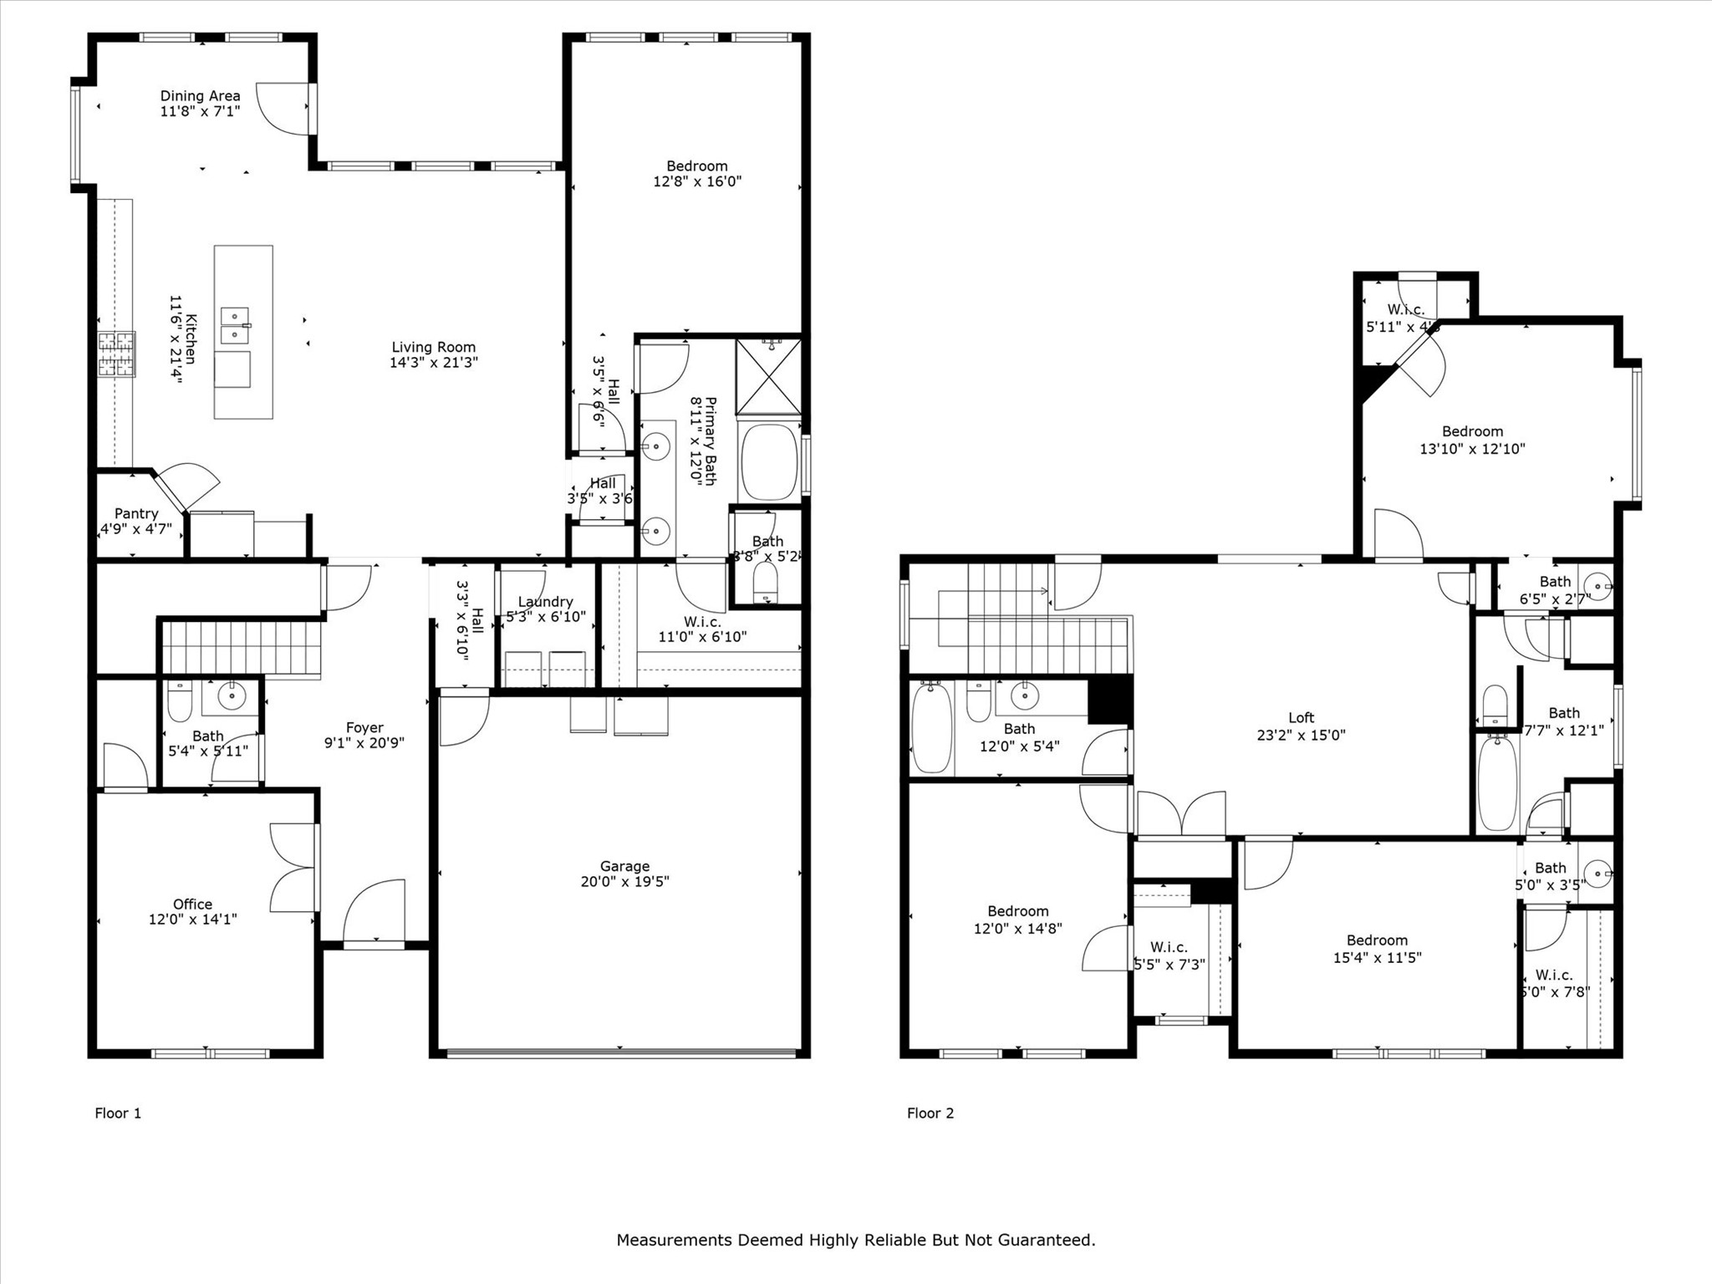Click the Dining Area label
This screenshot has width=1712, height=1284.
click(x=200, y=96)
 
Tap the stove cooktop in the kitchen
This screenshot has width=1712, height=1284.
click(x=116, y=354)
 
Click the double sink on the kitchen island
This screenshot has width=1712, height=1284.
click(x=235, y=325)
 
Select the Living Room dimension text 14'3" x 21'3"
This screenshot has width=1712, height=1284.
click(x=433, y=363)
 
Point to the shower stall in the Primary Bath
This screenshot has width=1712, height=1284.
click(x=768, y=376)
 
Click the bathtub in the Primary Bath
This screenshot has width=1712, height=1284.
click(x=769, y=462)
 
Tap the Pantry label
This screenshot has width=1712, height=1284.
click(x=136, y=513)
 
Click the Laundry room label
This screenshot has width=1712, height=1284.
click(x=545, y=602)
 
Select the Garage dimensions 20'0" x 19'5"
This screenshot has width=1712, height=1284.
click(x=624, y=881)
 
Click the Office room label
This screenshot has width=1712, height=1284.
click(x=192, y=904)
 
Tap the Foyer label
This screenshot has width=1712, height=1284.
click(x=364, y=728)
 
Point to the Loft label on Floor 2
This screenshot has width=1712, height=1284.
click(x=1301, y=717)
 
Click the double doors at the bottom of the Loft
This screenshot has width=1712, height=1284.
click(x=1181, y=814)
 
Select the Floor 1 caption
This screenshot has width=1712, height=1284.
click(x=118, y=1113)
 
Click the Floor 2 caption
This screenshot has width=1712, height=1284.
click(x=930, y=1113)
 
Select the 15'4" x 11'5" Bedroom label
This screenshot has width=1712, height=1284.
click(x=1377, y=940)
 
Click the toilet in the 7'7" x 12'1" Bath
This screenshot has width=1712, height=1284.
click(x=1495, y=706)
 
